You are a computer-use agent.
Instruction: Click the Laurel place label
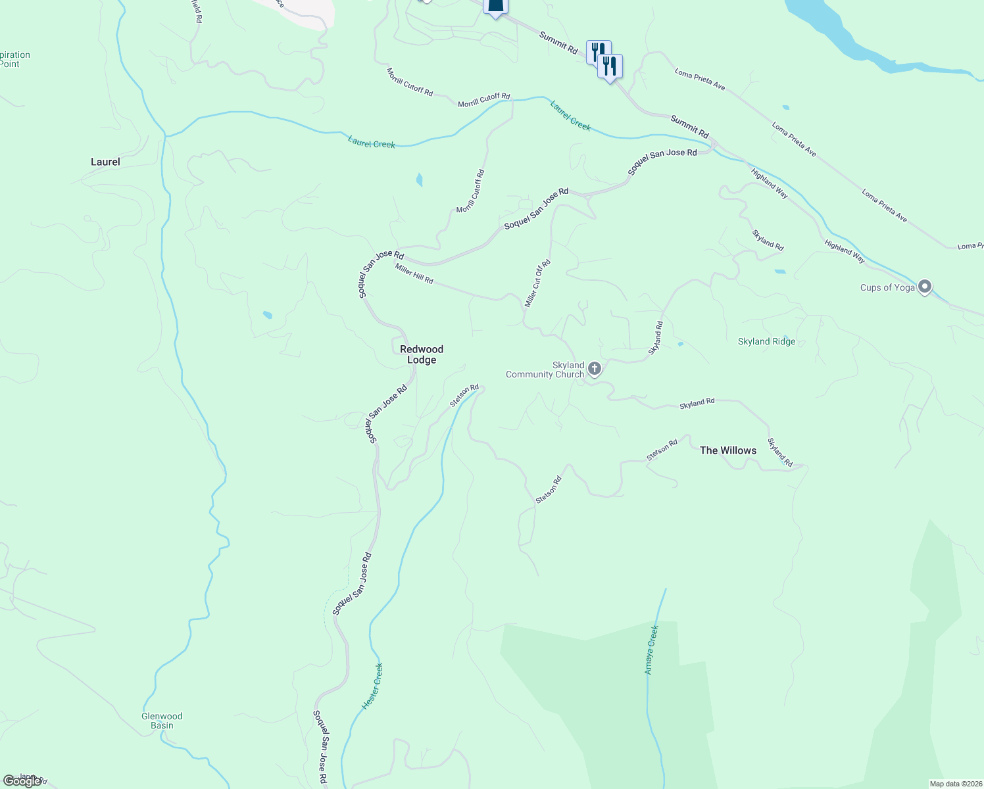coord(105,162)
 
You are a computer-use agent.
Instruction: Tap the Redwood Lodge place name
coord(422,354)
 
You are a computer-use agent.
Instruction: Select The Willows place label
coord(727,450)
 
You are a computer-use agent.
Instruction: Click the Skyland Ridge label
coord(766,342)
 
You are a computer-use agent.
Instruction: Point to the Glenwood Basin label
coord(162,721)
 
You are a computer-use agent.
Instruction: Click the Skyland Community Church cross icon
coord(595,368)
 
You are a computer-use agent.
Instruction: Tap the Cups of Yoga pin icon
coord(925,287)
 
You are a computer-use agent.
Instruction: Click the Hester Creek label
coord(372,686)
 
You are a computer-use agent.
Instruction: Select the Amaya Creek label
coord(651,650)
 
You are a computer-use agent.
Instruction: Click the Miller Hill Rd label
coord(414,274)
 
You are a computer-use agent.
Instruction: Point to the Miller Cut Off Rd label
coord(537,283)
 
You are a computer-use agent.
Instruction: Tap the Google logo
coord(22,781)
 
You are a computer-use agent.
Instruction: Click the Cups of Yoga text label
coord(887,287)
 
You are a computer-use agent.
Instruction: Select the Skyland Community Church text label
coord(545,370)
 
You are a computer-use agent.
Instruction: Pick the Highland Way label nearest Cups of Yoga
coord(845,252)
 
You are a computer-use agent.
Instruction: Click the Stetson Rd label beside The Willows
coord(662,450)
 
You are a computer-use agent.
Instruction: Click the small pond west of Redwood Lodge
coord(267,315)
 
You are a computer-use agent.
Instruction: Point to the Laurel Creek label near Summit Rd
coord(571,115)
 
